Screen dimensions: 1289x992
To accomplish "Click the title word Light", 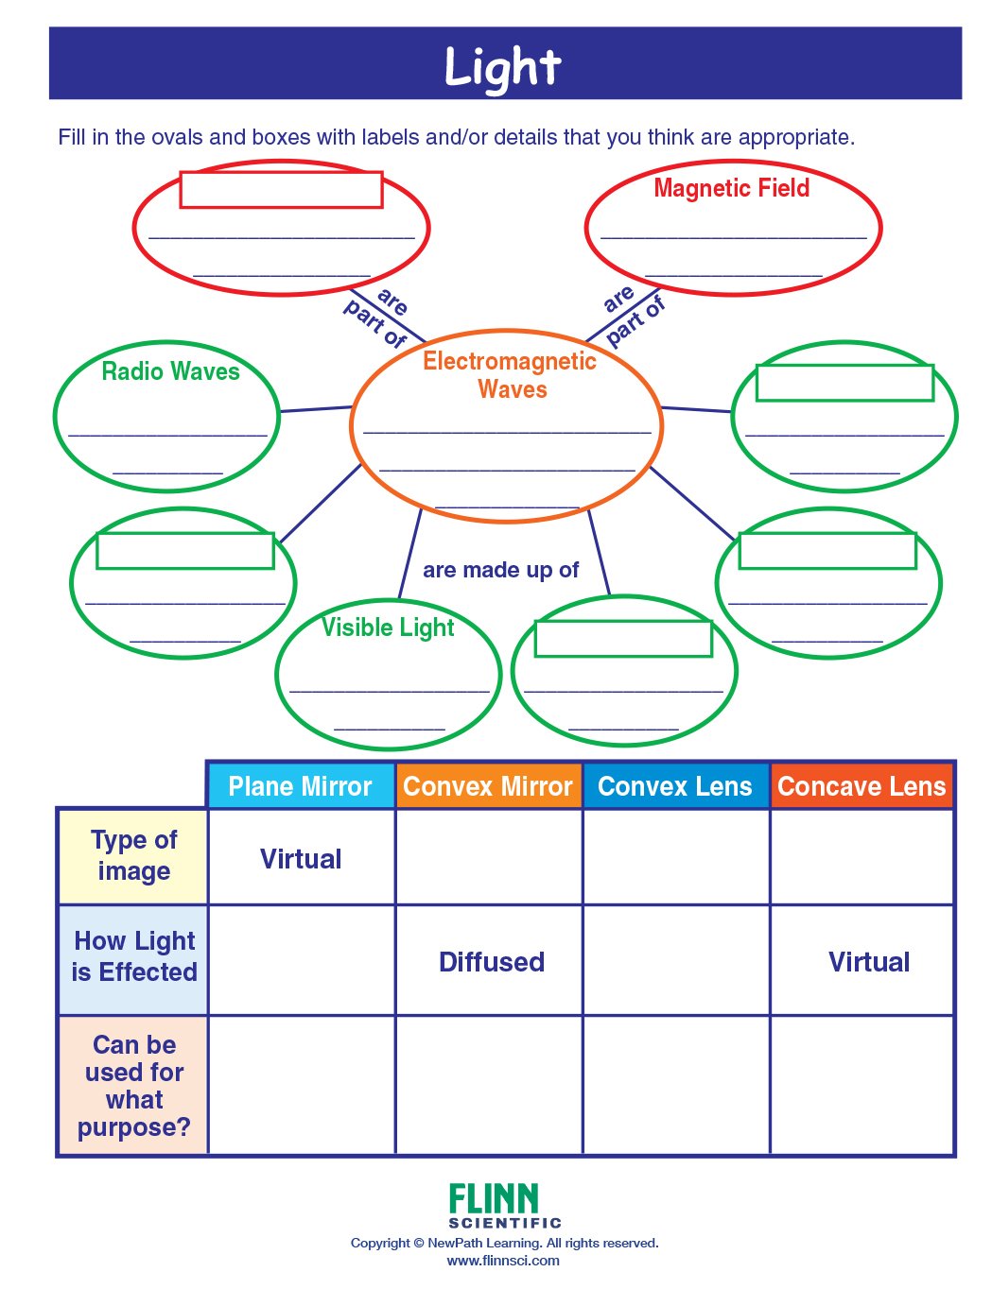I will tap(503, 67).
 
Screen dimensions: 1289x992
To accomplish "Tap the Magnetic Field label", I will tap(731, 188).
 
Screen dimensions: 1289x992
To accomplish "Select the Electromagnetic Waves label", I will tap(510, 375).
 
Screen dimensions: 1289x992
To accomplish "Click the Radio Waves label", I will tap(170, 371).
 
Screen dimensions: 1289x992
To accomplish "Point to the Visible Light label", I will tap(388, 627).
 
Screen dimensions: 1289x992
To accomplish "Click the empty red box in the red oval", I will tap(281, 189).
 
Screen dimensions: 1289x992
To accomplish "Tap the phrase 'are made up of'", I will tap(500, 570).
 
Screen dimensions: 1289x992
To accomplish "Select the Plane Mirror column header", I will tap(300, 786).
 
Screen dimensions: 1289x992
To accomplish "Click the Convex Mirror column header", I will tap(488, 786).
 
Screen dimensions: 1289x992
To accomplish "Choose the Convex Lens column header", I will tap(675, 786).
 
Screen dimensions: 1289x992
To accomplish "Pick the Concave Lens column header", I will tap(861, 786).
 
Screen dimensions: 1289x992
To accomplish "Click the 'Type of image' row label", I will tap(133, 855).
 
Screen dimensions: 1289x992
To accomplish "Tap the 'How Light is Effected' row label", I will tap(134, 956).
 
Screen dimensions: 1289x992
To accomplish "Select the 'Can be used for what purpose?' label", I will tap(134, 1086).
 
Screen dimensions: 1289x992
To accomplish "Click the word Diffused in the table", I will tap(492, 962).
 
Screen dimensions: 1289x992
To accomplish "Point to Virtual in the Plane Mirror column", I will tap(301, 859).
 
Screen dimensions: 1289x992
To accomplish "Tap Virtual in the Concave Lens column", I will tap(869, 962).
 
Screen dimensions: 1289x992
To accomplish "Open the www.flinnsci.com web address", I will tap(502, 1261).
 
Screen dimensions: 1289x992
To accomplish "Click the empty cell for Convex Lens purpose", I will tap(676, 1085).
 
